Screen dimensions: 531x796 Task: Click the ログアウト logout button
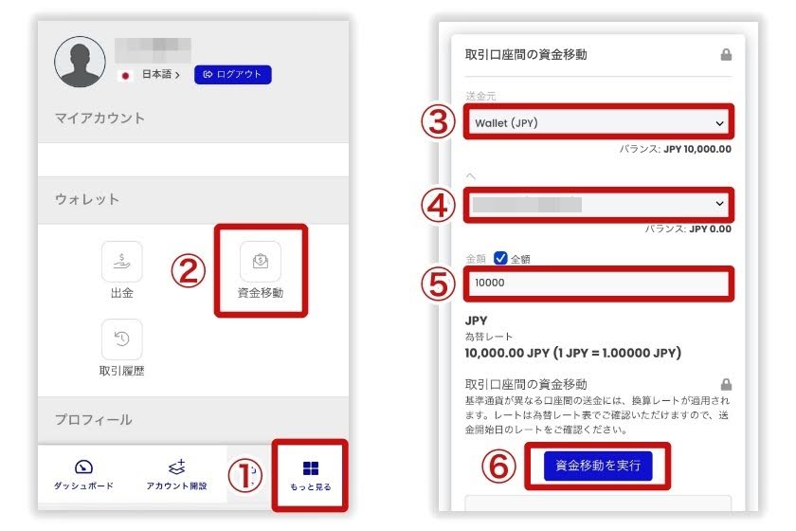click(233, 74)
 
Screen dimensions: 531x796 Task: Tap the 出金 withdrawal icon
click(122, 262)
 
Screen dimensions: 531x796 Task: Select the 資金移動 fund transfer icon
click(260, 262)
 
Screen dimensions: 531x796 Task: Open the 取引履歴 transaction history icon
click(122, 339)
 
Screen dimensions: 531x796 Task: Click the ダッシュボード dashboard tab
click(83, 473)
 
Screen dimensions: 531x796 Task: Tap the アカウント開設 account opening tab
click(176, 473)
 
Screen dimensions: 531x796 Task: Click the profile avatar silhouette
click(80, 62)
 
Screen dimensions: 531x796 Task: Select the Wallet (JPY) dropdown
click(599, 123)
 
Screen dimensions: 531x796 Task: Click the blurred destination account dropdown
click(599, 204)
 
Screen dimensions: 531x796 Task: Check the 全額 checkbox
click(500, 258)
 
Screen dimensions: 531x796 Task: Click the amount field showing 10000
click(599, 284)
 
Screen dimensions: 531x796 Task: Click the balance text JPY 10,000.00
click(696, 149)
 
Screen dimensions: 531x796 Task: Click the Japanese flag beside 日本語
click(124, 74)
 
